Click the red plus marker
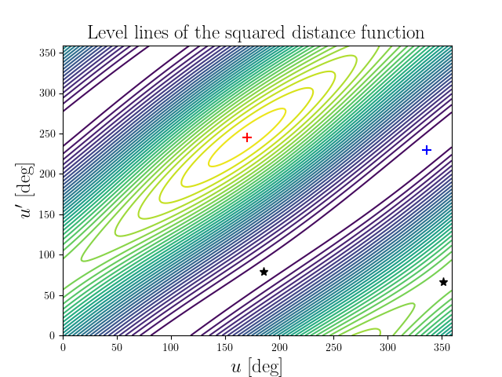[x=247, y=137]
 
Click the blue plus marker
[x=427, y=149]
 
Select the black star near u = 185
[x=264, y=272]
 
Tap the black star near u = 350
[x=443, y=282]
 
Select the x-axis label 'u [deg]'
[x=257, y=366]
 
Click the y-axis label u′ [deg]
[x=28, y=191]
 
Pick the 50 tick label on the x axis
[x=117, y=346]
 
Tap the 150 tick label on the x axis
[x=225, y=346]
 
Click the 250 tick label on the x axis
[x=333, y=346]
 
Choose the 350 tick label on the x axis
[x=442, y=346]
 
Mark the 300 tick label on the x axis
[x=387, y=346]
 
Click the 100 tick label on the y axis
[x=48, y=254]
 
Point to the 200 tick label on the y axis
[x=48, y=174]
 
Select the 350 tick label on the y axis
[x=48, y=53]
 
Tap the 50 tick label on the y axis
[x=50, y=295]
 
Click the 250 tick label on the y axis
[x=48, y=134]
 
